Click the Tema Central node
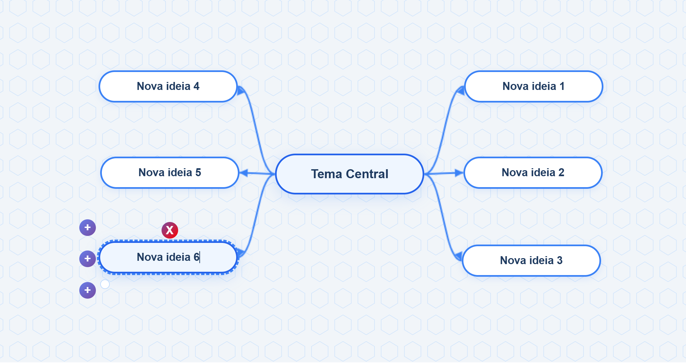point(350,174)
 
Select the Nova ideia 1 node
point(534,86)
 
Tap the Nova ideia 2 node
point(533,173)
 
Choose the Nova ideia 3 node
point(531,260)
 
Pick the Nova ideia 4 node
point(168,86)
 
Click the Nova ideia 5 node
point(170,173)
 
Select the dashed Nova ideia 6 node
point(168,257)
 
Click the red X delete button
point(170,230)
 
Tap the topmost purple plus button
point(88,228)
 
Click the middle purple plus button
point(88,259)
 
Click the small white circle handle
point(105,284)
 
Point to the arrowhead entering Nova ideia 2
point(459,173)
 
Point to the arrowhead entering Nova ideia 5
point(243,173)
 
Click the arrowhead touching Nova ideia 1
point(461,90)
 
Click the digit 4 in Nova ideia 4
point(197,86)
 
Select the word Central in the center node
point(367,174)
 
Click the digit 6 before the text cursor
point(196,257)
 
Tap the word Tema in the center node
point(326,174)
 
